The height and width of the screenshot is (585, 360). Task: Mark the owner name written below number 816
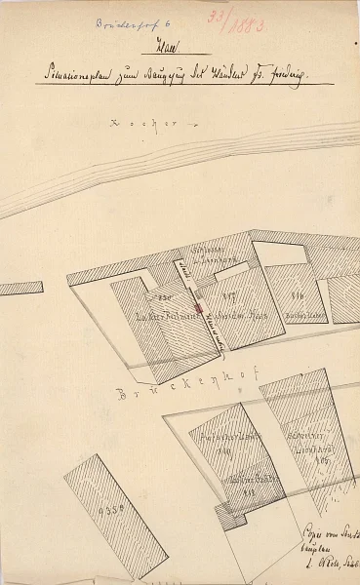pyautogui.click(x=300, y=315)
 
